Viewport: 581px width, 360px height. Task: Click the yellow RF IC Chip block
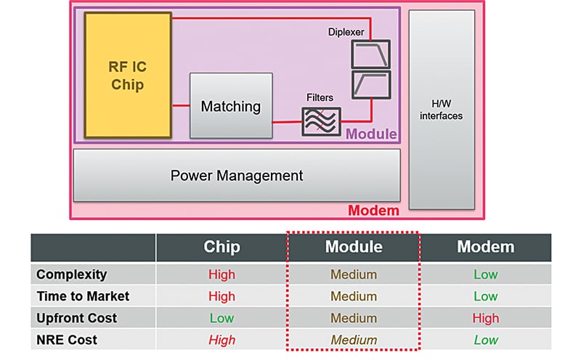pyautogui.click(x=128, y=75)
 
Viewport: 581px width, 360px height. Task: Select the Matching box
pyautogui.click(x=231, y=106)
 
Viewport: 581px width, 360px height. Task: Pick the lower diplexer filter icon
pyautogui.click(x=370, y=84)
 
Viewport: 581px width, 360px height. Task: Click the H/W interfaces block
pyautogui.click(x=441, y=109)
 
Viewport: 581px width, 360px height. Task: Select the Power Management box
pyautogui.click(x=237, y=176)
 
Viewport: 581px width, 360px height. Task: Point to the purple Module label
pyautogui.click(x=371, y=134)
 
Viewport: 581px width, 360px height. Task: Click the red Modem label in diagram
pyautogui.click(x=373, y=210)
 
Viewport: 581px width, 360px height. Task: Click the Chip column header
pyautogui.click(x=222, y=247)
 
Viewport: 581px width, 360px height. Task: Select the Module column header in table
pyautogui.click(x=354, y=247)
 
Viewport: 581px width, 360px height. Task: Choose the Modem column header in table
pyautogui.click(x=485, y=247)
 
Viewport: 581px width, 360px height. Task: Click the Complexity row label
pyautogui.click(x=71, y=274)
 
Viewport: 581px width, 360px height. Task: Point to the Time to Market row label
pyautogui.click(x=83, y=296)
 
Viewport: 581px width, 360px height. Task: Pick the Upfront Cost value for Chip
pyautogui.click(x=222, y=318)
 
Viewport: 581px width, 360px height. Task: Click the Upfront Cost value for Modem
pyautogui.click(x=485, y=318)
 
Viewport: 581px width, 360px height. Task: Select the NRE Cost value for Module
pyautogui.click(x=354, y=340)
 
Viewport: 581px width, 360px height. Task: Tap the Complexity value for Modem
pyautogui.click(x=485, y=274)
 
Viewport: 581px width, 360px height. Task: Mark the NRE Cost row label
pyautogui.click(x=66, y=340)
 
